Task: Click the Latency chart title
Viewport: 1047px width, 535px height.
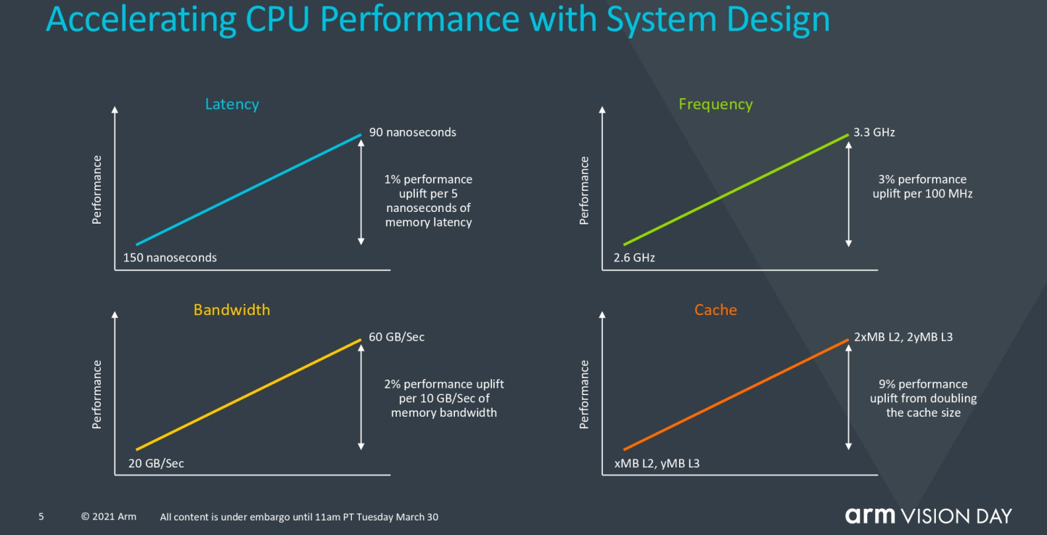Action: (232, 105)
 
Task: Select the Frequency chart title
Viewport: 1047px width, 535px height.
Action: (715, 105)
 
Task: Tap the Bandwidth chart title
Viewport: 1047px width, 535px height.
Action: (232, 309)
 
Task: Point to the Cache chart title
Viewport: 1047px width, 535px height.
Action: (715, 309)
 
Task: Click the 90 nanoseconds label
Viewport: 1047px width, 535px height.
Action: (413, 132)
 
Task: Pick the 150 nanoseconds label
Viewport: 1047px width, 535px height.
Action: (170, 258)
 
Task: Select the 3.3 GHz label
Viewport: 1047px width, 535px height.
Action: (874, 132)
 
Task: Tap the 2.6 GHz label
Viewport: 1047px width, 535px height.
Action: (634, 258)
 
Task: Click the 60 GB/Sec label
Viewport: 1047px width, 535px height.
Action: (397, 337)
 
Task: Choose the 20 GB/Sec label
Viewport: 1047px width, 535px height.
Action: (156, 463)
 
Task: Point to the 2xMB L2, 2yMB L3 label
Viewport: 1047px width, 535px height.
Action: (903, 337)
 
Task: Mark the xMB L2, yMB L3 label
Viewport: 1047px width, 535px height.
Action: (657, 463)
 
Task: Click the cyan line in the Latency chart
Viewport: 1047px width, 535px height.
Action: (249, 189)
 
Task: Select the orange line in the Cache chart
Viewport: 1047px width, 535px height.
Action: (736, 395)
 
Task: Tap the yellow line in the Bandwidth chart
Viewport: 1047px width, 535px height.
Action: (249, 395)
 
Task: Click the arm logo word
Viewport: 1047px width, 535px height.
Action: (870, 516)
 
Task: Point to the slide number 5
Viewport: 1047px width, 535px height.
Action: (41, 517)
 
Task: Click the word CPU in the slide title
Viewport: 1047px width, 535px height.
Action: (277, 19)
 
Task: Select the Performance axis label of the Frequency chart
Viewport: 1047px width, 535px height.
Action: (584, 190)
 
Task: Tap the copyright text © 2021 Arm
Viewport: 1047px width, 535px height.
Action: (109, 517)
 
